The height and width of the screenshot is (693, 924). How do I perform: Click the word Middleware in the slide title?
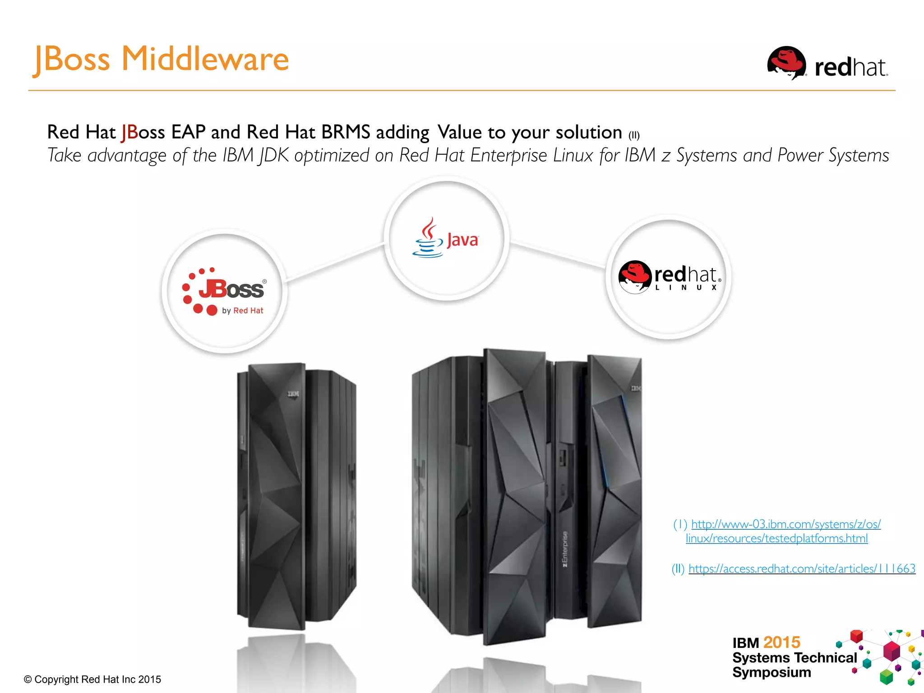click(x=205, y=59)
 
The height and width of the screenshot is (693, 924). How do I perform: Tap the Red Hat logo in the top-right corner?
click(x=827, y=64)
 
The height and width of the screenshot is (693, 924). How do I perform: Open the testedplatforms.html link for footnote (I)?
click(x=776, y=538)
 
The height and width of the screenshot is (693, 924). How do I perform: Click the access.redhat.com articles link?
click(x=802, y=568)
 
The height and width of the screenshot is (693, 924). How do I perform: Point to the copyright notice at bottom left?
click(x=92, y=679)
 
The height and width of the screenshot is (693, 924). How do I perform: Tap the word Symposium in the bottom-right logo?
click(x=772, y=672)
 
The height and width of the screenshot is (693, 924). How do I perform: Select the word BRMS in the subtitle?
click(x=346, y=132)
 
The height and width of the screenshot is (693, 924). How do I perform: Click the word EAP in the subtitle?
click(x=188, y=132)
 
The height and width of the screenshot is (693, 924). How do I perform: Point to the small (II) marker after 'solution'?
click(x=634, y=135)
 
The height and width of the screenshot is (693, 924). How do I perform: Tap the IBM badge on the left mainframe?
click(x=293, y=394)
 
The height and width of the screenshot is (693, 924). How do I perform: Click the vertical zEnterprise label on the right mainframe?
click(x=565, y=549)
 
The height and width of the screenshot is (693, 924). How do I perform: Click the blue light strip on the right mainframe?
click(x=614, y=440)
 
